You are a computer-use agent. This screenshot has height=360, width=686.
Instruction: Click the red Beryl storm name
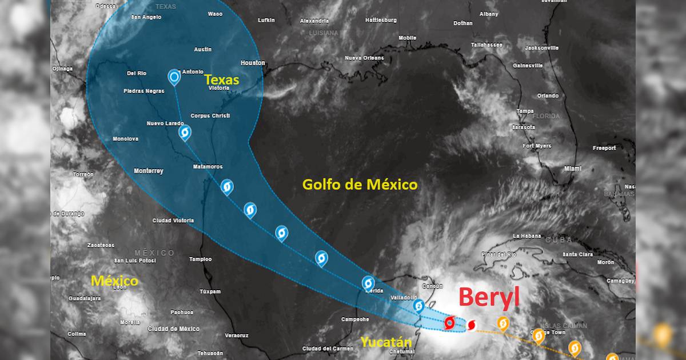(489, 298)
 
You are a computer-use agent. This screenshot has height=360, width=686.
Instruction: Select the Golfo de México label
(360, 185)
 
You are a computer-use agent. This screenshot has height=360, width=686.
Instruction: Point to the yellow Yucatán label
(386, 342)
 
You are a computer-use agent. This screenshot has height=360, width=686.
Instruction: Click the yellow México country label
(115, 281)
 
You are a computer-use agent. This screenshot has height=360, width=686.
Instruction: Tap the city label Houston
(253, 63)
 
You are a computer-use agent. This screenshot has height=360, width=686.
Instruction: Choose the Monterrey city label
(148, 171)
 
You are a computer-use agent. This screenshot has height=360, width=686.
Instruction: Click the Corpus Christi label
(210, 116)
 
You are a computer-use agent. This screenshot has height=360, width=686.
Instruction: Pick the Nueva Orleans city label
(364, 58)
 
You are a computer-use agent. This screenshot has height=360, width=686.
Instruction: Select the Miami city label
(572, 169)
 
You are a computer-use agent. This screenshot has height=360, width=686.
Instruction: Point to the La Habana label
(527, 236)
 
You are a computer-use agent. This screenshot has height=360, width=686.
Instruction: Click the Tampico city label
(201, 259)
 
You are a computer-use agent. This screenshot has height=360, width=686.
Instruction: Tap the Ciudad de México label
(174, 329)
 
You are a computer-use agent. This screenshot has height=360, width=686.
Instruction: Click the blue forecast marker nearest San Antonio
(174, 77)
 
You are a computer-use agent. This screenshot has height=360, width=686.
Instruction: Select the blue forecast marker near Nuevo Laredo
(185, 133)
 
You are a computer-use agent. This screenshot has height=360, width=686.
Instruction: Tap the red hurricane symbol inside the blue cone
(449, 323)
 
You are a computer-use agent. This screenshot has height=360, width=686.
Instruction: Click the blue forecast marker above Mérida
(368, 282)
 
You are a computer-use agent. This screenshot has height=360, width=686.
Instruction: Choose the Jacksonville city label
(541, 48)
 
